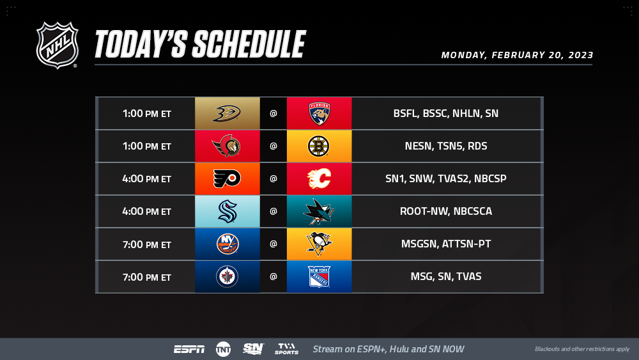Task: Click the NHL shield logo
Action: coord(57,45)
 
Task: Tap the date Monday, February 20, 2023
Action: coord(517,56)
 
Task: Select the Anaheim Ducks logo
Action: coord(227,113)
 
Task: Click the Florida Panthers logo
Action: coord(319,113)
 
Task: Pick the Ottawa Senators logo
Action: coord(227,146)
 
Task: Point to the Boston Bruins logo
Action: coord(318,146)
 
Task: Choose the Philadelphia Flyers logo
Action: coord(227,178)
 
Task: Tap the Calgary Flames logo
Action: coord(319,178)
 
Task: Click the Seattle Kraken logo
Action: coord(227,211)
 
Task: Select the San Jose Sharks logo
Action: coord(319,211)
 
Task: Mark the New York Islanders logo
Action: coord(227,244)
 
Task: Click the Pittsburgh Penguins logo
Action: coord(319,244)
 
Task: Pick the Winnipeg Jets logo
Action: coord(227,276)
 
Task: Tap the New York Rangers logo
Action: coord(319,276)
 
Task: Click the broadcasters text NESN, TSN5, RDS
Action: coord(446,146)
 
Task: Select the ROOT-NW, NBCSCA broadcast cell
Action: coord(446,211)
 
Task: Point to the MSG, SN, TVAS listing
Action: coord(446,276)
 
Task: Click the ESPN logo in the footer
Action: coord(189,349)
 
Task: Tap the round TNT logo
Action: coord(223,349)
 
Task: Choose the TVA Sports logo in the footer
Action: coord(286,349)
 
